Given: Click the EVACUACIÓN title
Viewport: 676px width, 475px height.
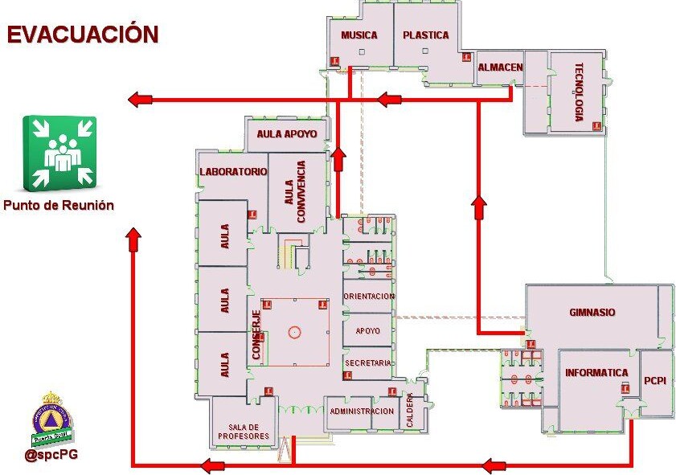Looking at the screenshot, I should point(83,35).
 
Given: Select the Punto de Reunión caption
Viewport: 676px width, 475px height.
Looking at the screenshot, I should point(59,206).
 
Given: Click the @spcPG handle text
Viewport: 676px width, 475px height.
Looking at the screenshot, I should point(51,454).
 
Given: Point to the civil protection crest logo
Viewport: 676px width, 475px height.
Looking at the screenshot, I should point(52,420).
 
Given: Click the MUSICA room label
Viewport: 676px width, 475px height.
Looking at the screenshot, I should point(359,35).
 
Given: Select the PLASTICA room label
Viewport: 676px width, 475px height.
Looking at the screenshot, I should point(426,35).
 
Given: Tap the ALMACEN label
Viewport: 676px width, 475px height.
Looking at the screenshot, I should point(500,68).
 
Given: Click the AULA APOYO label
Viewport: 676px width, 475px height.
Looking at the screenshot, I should point(287,133).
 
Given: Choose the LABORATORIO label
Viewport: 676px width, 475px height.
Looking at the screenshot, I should point(233,172).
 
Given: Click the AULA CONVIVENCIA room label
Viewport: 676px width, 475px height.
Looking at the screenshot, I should point(295,192).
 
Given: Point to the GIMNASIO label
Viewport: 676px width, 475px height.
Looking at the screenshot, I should point(592,312).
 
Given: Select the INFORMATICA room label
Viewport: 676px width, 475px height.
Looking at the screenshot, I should point(596,373).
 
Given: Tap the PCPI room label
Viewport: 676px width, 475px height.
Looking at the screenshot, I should point(653,380).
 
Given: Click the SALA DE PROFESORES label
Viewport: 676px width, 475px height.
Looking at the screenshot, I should point(242,432).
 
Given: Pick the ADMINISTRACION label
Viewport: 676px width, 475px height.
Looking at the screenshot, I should point(362,412).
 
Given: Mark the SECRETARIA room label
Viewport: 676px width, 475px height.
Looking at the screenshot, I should point(368,363).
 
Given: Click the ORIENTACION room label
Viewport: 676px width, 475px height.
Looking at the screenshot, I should point(369,297).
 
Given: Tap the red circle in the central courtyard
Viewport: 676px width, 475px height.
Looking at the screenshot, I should point(294,330).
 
